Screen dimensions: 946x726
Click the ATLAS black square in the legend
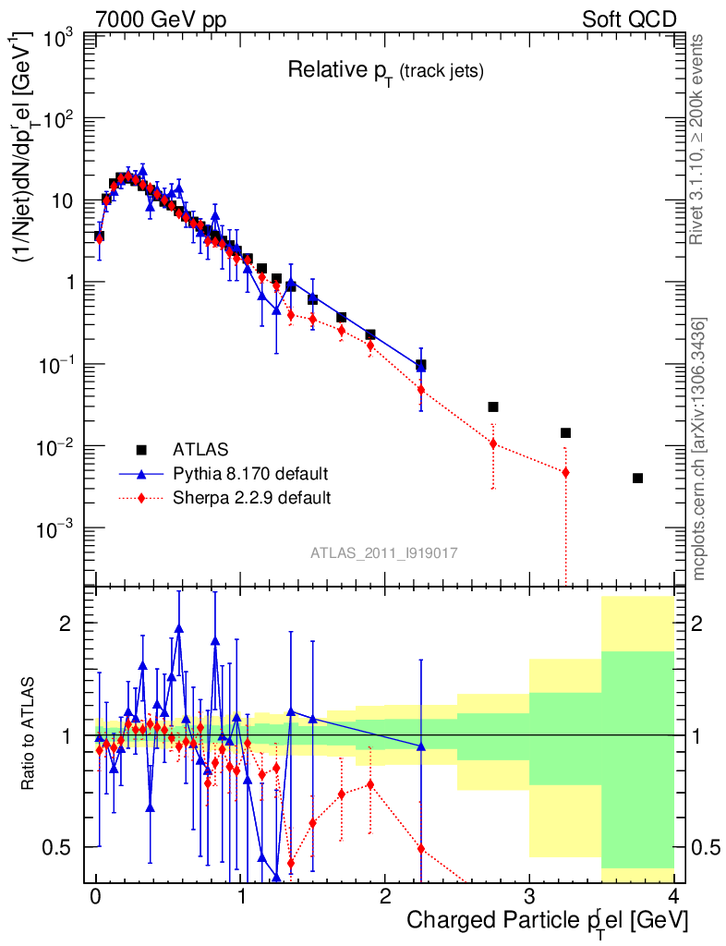point(141,450)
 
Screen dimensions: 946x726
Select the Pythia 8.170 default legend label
point(250,474)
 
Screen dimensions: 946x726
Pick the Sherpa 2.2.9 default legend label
point(252,498)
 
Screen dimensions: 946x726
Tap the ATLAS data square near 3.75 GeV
point(637,478)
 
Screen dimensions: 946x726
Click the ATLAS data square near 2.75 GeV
point(493,406)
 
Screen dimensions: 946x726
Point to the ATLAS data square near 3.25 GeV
point(565,432)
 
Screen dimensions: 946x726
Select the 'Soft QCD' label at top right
point(630,19)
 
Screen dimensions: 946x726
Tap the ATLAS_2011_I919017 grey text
point(383,552)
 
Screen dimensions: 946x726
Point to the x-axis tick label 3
point(529,896)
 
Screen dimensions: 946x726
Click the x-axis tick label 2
point(384,896)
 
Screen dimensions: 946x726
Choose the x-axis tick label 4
point(673,896)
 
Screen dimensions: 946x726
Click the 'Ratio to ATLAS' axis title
point(30,734)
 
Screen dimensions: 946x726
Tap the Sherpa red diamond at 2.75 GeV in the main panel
point(493,443)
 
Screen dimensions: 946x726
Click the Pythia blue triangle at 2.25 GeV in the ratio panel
point(421,746)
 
